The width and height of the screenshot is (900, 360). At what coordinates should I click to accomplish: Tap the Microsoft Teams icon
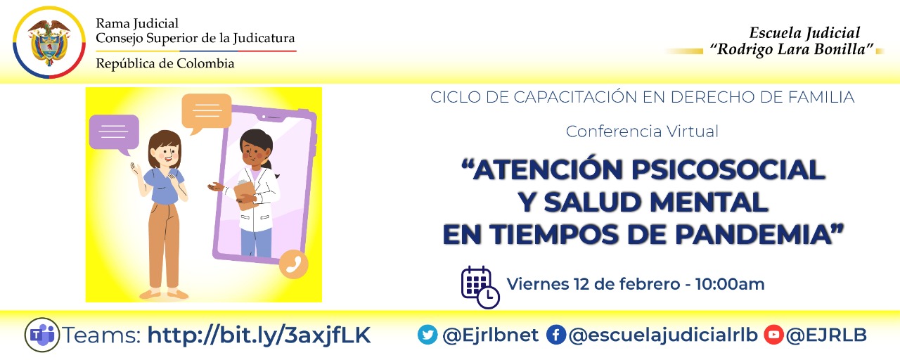tap(42, 335)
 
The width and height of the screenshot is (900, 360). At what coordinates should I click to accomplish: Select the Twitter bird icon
tap(427, 335)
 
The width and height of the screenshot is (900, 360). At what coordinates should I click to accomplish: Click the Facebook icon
tap(555, 335)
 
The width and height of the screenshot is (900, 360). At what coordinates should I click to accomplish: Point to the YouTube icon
tap(773, 335)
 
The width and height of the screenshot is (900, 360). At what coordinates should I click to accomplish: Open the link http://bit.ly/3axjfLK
tap(259, 335)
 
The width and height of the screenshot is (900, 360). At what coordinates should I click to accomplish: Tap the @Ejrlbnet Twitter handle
tap(490, 335)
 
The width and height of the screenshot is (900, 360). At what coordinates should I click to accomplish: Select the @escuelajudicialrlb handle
tap(663, 335)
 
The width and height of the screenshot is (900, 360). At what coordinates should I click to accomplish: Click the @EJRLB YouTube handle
tap(827, 335)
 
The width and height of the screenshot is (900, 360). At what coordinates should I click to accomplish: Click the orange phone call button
tap(294, 264)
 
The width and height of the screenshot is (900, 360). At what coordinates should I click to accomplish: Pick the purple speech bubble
tap(113, 133)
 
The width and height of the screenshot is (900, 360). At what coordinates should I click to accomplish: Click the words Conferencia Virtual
tap(642, 131)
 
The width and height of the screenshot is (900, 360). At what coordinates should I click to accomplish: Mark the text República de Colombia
tap(165, 64)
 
